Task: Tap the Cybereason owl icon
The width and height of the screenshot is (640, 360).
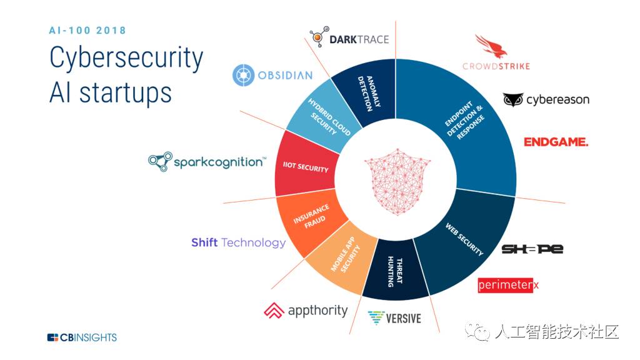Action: tap(513, 100)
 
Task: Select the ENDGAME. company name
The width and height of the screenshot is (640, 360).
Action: tap(556, 142)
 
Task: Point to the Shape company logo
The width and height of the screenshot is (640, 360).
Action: tap(532, 249)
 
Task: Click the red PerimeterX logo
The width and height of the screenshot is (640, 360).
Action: tap(507, 285)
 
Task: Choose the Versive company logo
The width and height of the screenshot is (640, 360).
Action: tap(394, 317)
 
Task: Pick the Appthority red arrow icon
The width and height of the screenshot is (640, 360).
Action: tap(274, 310)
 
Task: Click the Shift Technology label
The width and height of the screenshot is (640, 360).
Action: tap(238, 242)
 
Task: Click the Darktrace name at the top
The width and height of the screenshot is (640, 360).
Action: tap(359, 39)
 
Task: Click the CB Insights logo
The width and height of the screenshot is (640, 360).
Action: tap(82, 337)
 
